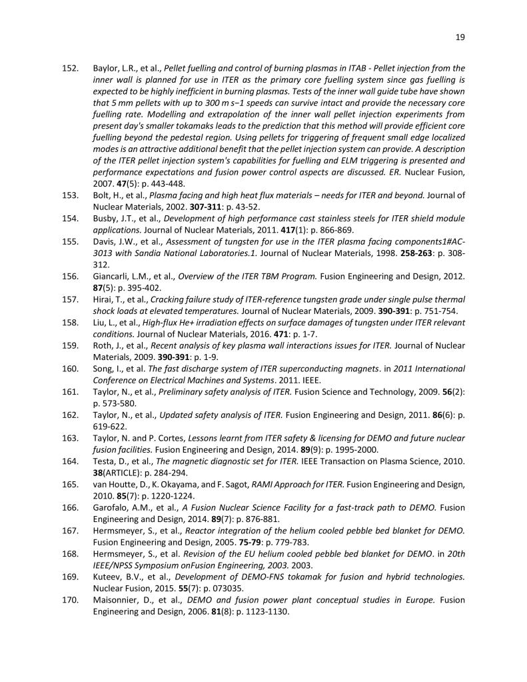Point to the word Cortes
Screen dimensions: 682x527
pyautogui.click(x=167, y=438)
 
